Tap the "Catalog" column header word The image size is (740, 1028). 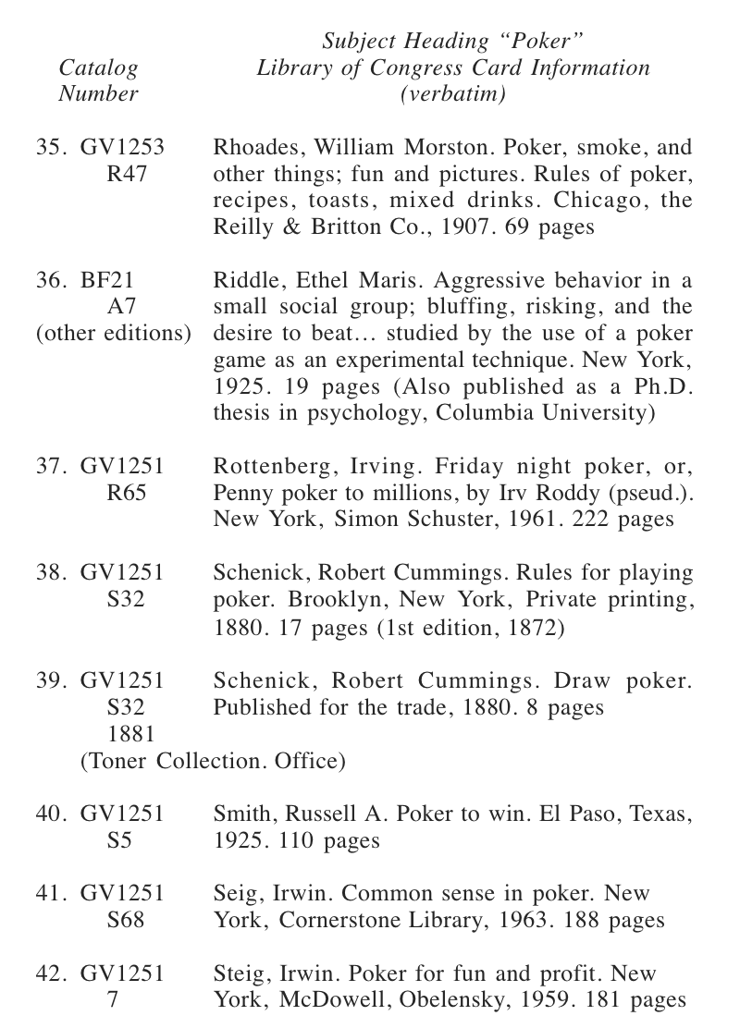[x=98, y=67]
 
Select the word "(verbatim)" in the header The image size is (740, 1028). [x=452, y=94]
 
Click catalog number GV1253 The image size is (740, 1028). [x=122, y=148]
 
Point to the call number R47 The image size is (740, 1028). [x=127, y=175]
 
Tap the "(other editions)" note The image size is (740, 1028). [x=114, y=333]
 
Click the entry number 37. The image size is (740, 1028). [x=50, y=467]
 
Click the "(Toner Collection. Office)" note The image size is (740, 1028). [x=213, y=761]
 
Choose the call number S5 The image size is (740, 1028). [x=120, y=841]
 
